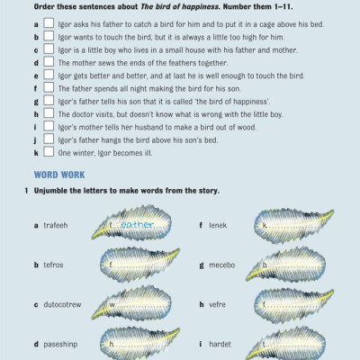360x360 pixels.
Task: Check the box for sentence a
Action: click(49, 23)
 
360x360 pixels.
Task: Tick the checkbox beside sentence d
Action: click(49, 62)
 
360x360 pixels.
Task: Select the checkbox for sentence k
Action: click(49, 152)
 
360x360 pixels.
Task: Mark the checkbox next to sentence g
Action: click(49, 101)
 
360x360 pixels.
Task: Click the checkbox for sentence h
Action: click(49, 113)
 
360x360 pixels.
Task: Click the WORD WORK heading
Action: click(59, 175)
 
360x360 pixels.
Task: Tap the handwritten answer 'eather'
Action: click(137, 224)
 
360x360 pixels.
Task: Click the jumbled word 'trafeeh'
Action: click(56, 225)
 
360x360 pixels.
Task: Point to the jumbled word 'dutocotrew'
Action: click(62, 304)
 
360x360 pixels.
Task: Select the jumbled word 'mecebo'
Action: click(222, 265)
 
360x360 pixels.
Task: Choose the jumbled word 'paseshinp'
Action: click(60, 344)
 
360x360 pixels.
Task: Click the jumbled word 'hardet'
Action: click(220, 344)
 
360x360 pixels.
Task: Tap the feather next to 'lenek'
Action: click(293, 226)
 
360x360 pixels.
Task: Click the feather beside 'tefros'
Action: click(139, 265)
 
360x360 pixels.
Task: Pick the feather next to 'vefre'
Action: click(293, 305)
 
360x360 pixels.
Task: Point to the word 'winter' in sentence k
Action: click(81, 153)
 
